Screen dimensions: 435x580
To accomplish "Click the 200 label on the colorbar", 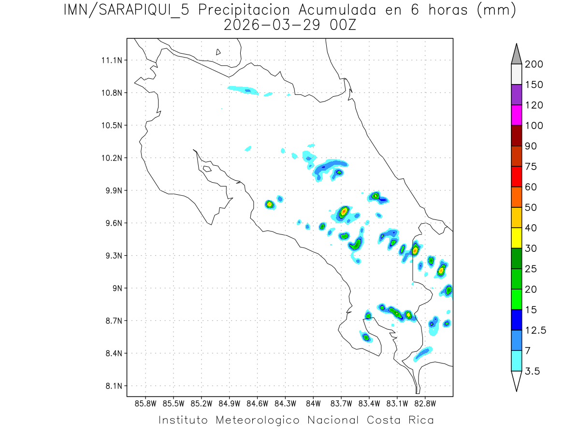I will (534, 64).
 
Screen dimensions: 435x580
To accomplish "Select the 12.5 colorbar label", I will (536, 330).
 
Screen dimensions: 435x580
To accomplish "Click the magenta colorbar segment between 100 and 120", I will (516, 115).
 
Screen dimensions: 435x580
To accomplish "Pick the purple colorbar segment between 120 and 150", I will (516, 95).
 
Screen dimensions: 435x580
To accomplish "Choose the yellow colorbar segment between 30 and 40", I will (516, 238).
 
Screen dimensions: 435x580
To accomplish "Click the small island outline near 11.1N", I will (218, 52).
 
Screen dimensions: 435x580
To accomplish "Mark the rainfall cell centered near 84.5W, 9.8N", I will (270, 204).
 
